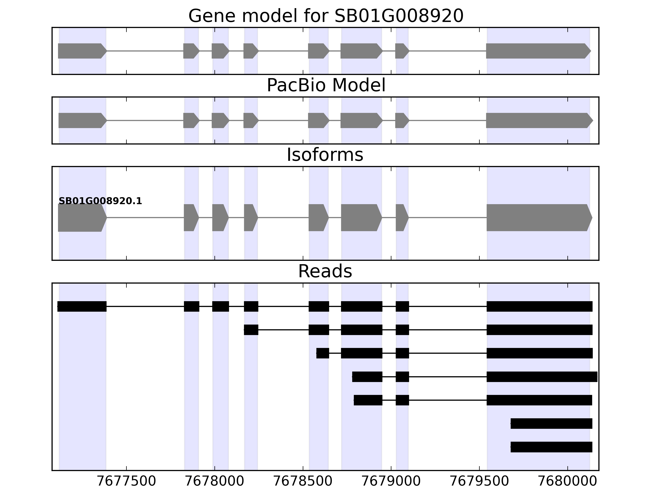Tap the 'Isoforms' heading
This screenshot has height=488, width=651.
[325, 155]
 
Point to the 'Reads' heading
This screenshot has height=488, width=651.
[325, 271]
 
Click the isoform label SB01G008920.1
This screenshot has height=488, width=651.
[100, 201]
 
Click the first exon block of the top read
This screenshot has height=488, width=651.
[82, 306]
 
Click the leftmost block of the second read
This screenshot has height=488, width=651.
[251, 330]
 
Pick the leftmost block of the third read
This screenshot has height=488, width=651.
[323, 353]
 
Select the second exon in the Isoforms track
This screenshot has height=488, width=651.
[191, 218]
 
